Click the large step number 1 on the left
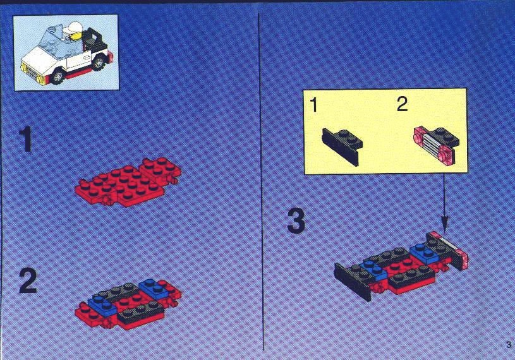pyautogui.click(x=26, y=140)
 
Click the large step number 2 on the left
pyautogui.click(x=28, y=280)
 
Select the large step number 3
pyautogui.click(x=296, y=221)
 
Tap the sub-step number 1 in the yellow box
pyautogui.click(x=314, y=105)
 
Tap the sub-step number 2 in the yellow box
pyautogui.click(x=403, y=104)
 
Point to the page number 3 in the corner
pyautogui.click(x=509, y=345)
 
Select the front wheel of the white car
pyautogui.click(x=58, y=76)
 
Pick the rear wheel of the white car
pyautogui.click(x=98, y=63)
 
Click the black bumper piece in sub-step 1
pyautogui.click(x=342, y=147)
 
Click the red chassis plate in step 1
pyautogui.click(x=128, y=182)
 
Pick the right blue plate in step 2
pyautogui.click(x=154, y=288)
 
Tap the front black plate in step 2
pyautogui.click(x=141, y=312)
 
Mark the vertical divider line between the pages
pyautogui.click(x=261, y=182)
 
